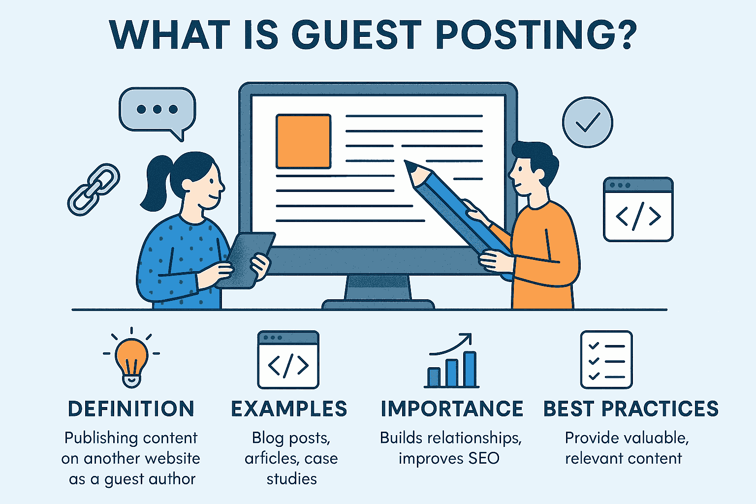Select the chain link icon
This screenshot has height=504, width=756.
[93, 189]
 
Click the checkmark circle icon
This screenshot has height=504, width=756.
[587, 122]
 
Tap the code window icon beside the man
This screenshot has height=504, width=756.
[638, 209]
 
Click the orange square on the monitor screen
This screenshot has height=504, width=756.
[303, 141]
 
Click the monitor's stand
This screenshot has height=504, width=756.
[378, 290]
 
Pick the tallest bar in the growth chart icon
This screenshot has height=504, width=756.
[470, 369]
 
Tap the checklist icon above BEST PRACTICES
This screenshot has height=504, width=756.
[606, 359]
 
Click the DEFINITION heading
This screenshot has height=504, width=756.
[131, 409]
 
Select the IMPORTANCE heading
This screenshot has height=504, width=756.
[451, 409]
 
